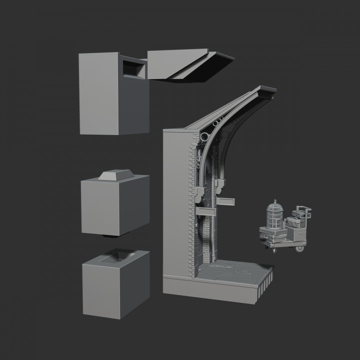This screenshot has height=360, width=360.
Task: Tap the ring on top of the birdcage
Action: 273,201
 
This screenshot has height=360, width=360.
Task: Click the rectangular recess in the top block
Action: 133,67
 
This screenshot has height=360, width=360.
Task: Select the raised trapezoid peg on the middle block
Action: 116,175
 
